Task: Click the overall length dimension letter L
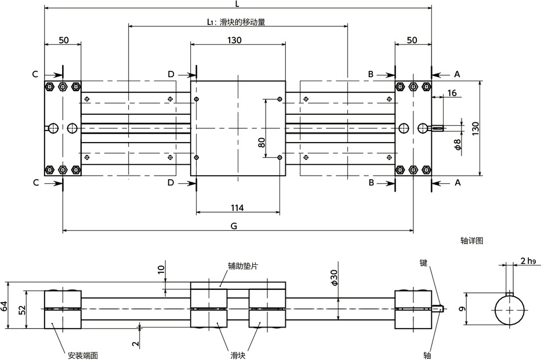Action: click(238, 3)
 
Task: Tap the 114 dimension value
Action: click(237, 208)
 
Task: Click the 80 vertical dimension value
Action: click(262, 142)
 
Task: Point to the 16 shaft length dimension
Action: click(452, 93)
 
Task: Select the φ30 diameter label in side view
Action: click(334, 279)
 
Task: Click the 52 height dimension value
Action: click(22, 310)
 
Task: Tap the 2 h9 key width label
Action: click(528, 261)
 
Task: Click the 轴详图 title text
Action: click(471, 239)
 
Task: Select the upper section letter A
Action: click(457, 74)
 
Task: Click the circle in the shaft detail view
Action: click(510, 310)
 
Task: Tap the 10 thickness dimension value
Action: click(161, 268)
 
